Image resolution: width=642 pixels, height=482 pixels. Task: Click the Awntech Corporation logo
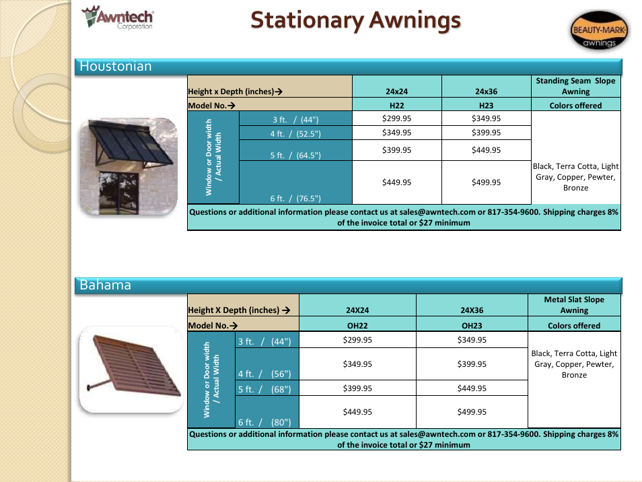pyautogui.click(x=118, y=18)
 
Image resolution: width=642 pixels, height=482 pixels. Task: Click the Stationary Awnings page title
pyautogui.click(x=355, y=20)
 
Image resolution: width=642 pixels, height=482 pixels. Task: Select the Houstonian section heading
pyautogui.click(x=116, y=67)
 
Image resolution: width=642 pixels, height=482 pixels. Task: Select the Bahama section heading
pyautogui.click(x=105, y=285)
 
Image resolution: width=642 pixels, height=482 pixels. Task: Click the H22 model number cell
pyautogui.click(x=397, y=106)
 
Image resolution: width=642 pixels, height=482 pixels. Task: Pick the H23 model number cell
pyautogui.click(x=486, y=106)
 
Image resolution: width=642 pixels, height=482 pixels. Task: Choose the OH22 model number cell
pyautogui.click(x=357, y=326)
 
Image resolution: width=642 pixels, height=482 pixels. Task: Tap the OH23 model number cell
pyautogui.click(x=472, y=326)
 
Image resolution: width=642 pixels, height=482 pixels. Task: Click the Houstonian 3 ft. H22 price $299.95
pyautogui.click(x=397, y=118)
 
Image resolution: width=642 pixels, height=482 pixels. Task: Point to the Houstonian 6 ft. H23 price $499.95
pyautogui.click(x=486, y=182)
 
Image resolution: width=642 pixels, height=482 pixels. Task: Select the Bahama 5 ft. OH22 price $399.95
pyautogui.click(x=357, y=388)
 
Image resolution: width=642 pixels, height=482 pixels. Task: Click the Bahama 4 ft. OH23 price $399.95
pyautogui.click(x=472, y=364)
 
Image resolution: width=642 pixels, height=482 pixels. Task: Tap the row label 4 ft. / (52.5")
pyautogui.click(x=295, y=133)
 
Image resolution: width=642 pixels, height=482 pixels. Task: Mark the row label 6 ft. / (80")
pyautogui.click(x=264, y=422)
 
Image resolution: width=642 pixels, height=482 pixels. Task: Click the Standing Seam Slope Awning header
pyautogui.click(x=575, y=86)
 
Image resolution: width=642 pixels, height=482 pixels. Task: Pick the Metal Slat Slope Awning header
pyautogui.click(x=574, y=305)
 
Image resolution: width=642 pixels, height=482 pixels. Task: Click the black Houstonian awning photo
pyautogui.click(x=129, y=166)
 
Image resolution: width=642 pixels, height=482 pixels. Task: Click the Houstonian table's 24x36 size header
pyautogui.click(x=486, y=92)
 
